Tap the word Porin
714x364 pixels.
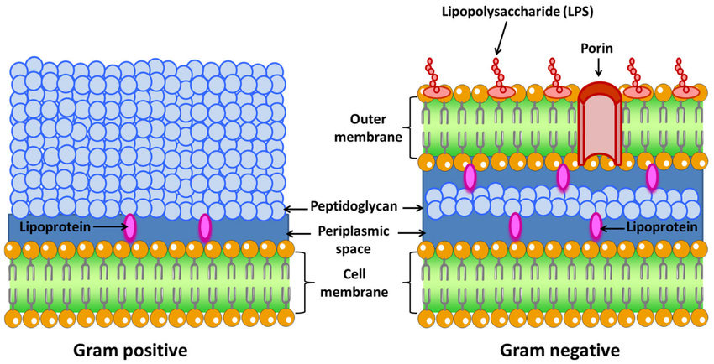pyautogui.click(x=601, y=49)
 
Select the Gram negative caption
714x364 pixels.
pyautogui.click(x=560, y=349)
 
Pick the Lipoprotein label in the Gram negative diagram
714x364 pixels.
pyautogui.click(x=659, y=226)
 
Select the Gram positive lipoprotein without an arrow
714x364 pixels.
pyautogui.click(x=205, y=227)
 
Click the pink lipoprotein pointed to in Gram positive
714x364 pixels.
pyautogui.click(x=130, y=227)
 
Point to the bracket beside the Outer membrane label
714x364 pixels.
pyautogui.click(x=412, y=127)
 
